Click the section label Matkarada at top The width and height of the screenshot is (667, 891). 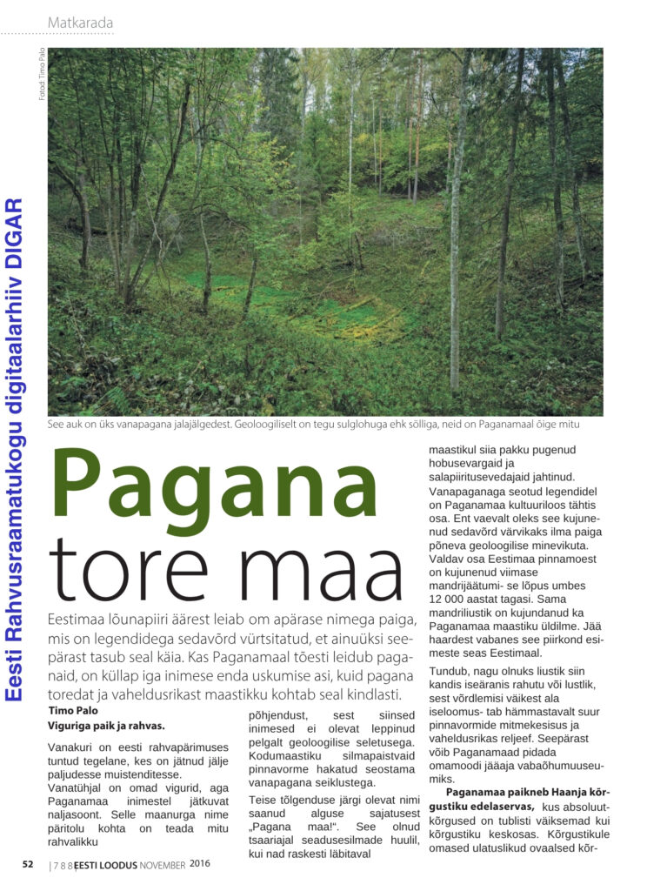[80, 22]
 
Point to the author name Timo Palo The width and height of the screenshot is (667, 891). [73, 710]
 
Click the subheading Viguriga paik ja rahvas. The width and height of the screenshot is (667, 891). [105, 724]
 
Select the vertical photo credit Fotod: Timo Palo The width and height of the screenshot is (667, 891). [41, 74]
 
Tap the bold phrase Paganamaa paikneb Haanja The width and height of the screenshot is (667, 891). [521, 792]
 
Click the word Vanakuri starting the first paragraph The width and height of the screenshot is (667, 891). [70, 746]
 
